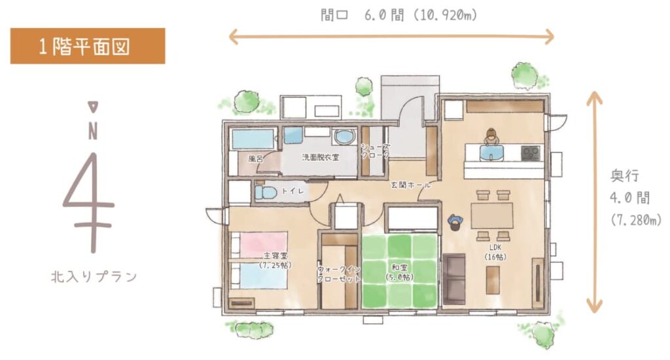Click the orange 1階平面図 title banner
click(88, 46)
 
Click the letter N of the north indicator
click(93, 132)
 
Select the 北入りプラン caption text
click(94, 277)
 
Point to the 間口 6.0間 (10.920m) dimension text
click(398, 16)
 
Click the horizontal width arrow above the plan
click(391, 37)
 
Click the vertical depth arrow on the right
click(594, 202)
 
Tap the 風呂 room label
click(256, 158)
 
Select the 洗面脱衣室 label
click(321, 157)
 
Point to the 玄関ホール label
click(411, 185)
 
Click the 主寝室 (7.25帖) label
click(275, 260)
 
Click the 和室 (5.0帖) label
click(400, 272)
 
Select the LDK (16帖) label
click(495, 252)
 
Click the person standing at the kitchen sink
click(491, 137)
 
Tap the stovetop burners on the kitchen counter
click(531, 153)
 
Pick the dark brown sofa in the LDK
click(454, 279)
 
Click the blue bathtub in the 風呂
click(253, 139)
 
